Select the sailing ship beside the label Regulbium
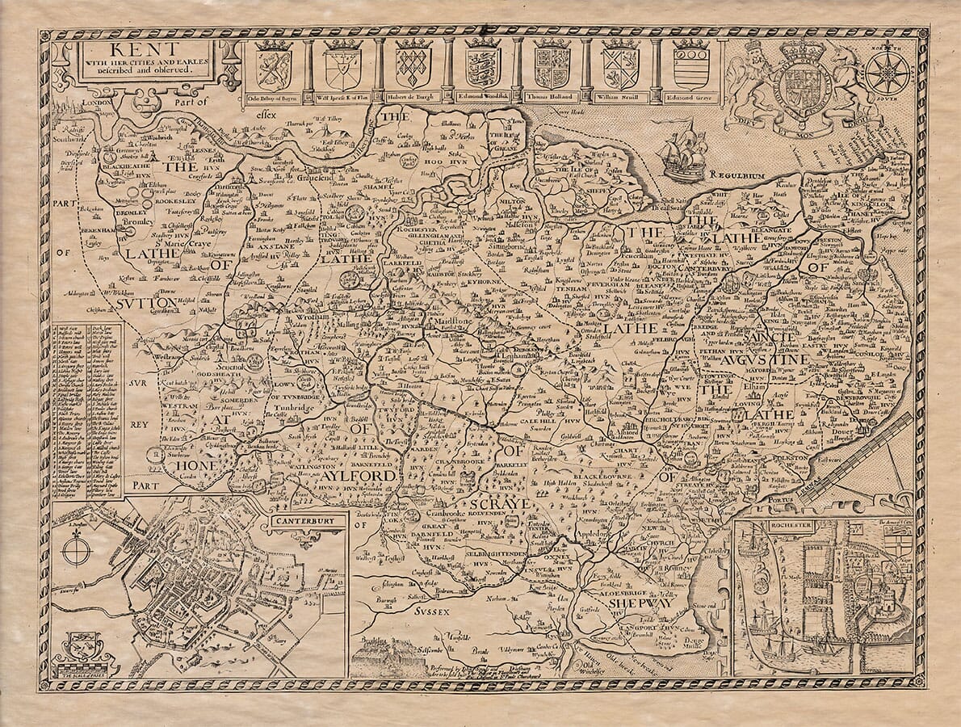[x=682, y=151]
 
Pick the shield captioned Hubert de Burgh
[x=413, y=65]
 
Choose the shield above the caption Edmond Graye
[x=690, y=65]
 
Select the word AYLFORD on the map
[x=359, y=477]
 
